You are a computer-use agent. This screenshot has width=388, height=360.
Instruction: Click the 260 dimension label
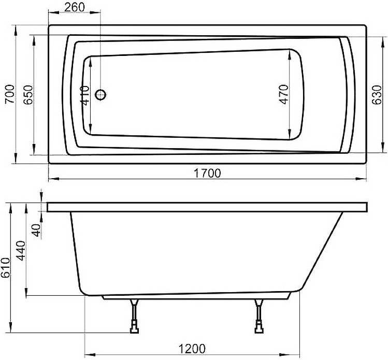[x=74, y=7]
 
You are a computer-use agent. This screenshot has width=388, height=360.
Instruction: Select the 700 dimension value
[x=10, y=94]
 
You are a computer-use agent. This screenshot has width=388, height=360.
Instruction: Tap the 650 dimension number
[x=28, y=95]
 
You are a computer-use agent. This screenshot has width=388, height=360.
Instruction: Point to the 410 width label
[x=85, y=95]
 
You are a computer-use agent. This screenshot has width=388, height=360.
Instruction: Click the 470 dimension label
[x=284, y=94]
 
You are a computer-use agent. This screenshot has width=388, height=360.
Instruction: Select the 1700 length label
[x=207, y=173]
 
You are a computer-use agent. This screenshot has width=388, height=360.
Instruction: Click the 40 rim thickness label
[x=36, y=231]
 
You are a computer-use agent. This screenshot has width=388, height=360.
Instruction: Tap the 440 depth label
[x=21, y=250]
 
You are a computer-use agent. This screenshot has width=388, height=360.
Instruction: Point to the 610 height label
[x=6, y=267]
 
